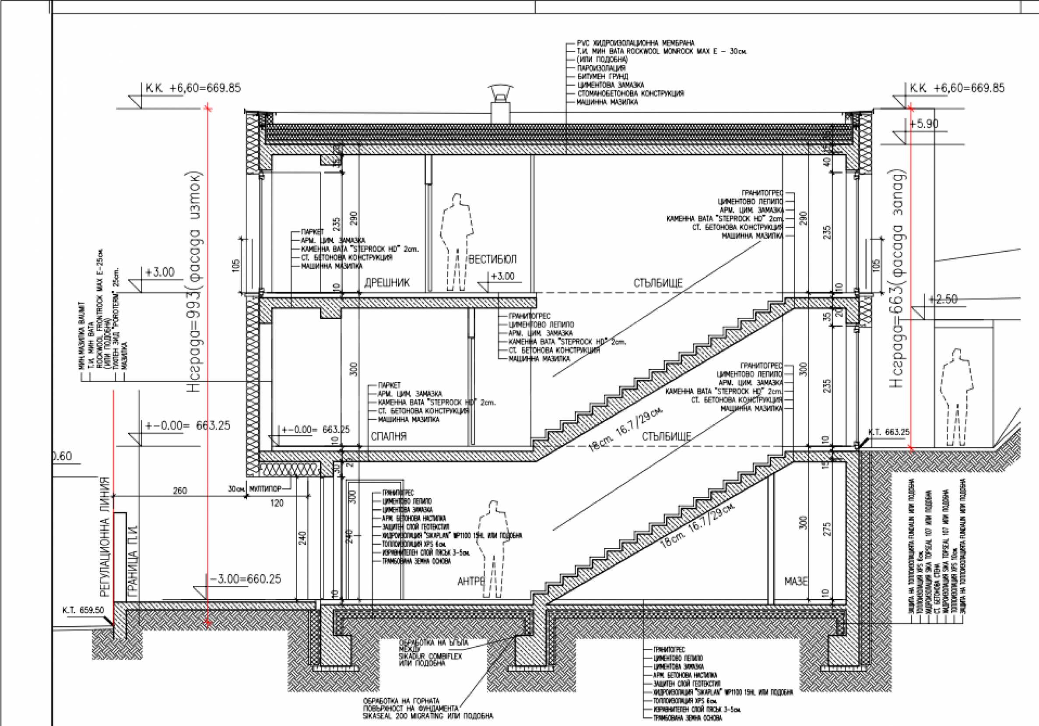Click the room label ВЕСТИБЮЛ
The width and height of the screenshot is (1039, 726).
pyautogui.click(x=492, y=259)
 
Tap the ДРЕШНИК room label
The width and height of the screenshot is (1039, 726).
pyautogui.click(x=387, y=283)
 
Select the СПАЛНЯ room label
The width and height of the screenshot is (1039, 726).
pyautogui.click(x=388, y=436)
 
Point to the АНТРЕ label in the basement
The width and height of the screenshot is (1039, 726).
pyautogui.click(x=471, y=582)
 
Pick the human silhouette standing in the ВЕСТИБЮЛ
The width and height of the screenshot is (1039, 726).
pyautogui.click(x=457, y=240)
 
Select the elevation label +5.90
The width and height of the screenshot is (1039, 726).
pyautogui.click(x=923, y=123)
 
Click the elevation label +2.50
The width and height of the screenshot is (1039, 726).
pyautogui.click(x=943, y=300)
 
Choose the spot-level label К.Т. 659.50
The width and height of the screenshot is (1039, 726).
pyautogui.click(x=83, y=610)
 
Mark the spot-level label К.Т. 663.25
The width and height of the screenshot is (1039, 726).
pyautogui.click(x=888, y=432)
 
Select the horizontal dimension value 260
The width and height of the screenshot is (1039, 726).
pyautogui.click(x=179, y=490)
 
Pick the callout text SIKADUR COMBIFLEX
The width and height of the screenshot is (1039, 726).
pyautogui.click(x=430, y=656)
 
